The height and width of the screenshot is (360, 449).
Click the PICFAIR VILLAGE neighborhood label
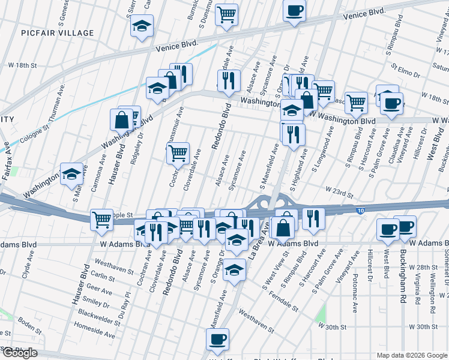tap(56, 33)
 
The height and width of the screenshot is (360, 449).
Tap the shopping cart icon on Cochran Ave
tap(178, 154)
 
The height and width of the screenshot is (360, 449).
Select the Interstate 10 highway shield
tap(360, 210)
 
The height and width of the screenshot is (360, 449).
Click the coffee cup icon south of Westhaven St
tap(217, 340)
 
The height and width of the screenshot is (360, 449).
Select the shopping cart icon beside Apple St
tap(101, 219)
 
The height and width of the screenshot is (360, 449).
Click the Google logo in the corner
tap(19, 353)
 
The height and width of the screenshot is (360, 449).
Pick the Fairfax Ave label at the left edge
tap(7, 155)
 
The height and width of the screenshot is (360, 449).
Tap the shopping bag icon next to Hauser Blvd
tap(121, 120)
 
